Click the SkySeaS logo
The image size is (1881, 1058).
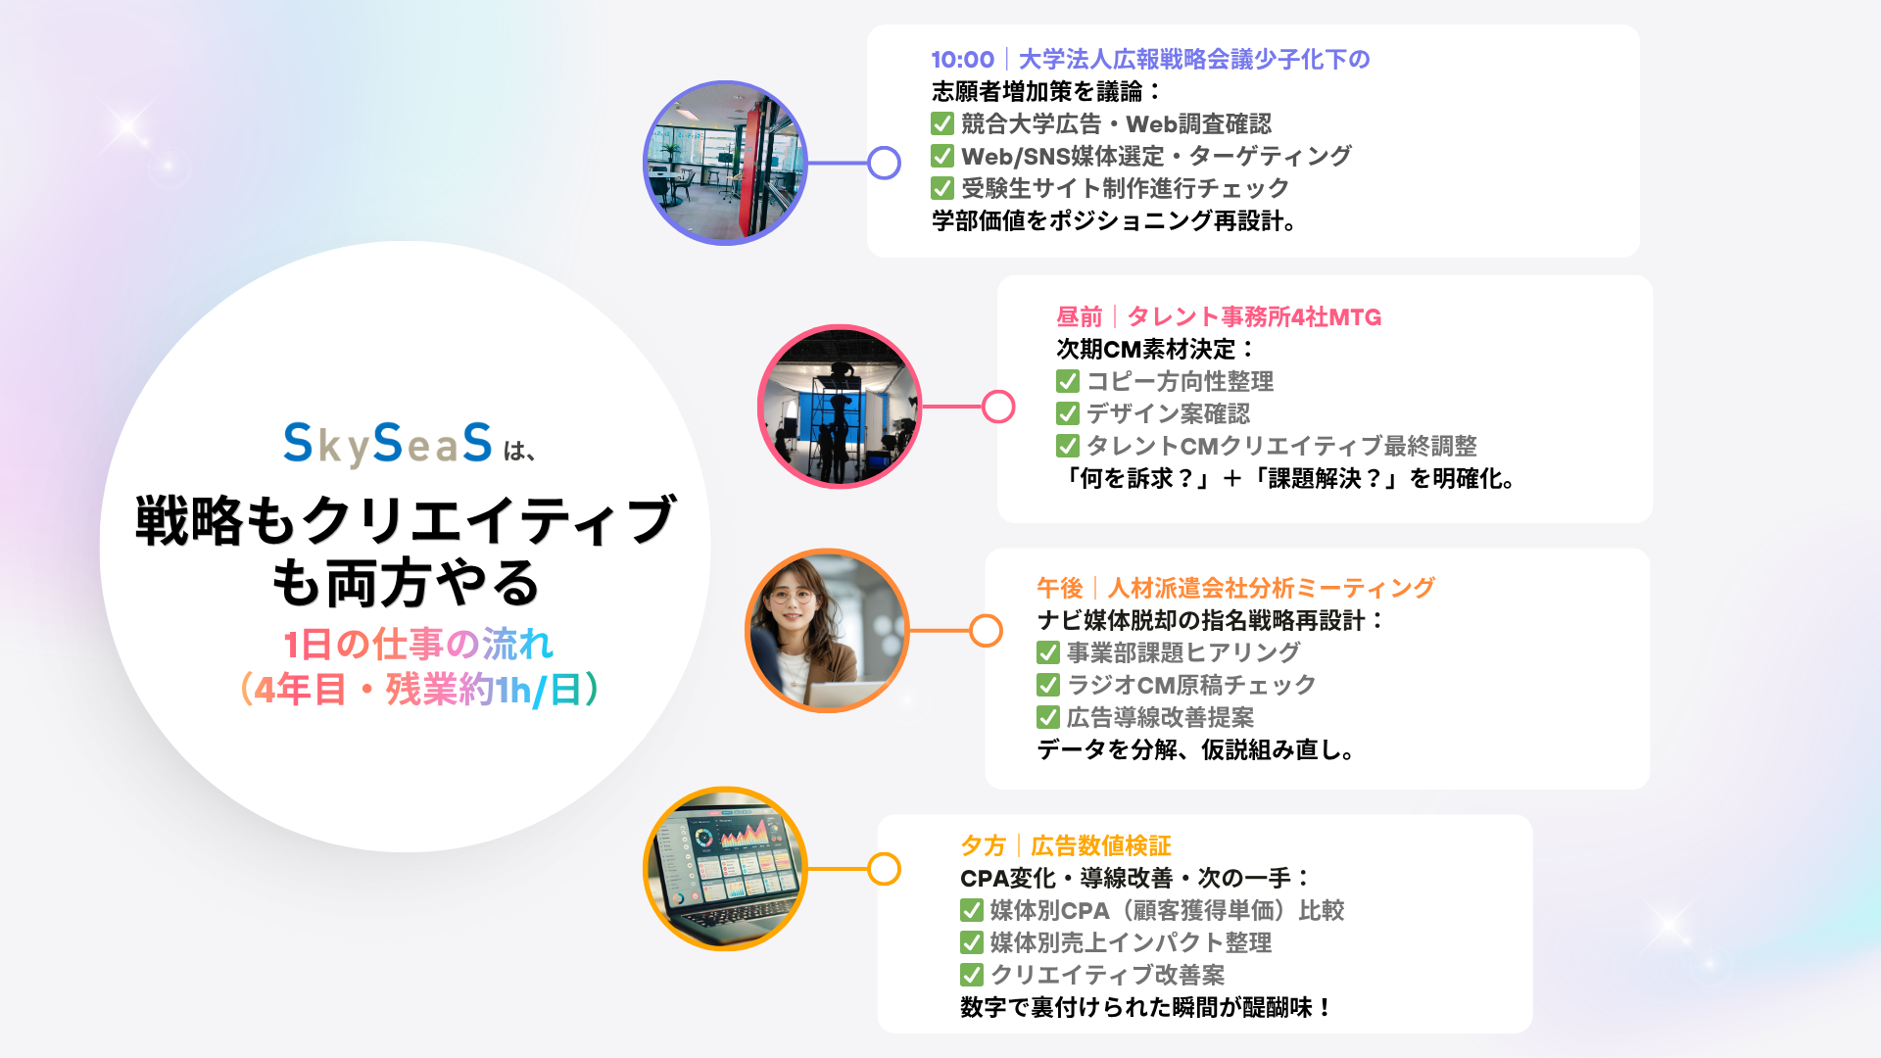pos(388,444)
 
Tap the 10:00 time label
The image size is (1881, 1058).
pos(962,60)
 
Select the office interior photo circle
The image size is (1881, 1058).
pos(725,163)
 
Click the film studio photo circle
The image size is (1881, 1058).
pos(840,407)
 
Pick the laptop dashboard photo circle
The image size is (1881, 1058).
pos(725,869)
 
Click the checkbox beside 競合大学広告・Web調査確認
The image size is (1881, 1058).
pos(942,124)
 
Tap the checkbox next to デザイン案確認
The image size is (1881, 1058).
pos(1068,414)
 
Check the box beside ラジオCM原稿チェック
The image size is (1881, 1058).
pos(1048,685)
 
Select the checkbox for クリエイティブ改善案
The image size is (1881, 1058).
pos(972,975)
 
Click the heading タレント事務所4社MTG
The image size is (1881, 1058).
pos(1254,317)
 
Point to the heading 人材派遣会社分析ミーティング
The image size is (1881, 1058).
pos(1271,588)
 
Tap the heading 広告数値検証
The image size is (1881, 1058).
pos(1101,845)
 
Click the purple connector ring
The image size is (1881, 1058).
pos(885,163)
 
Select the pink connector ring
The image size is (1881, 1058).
pos(998,407)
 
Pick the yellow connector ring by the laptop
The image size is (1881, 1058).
pos(885,869)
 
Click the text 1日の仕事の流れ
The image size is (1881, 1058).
pos(418,645)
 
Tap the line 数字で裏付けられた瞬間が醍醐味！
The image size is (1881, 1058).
pos(1146,1007)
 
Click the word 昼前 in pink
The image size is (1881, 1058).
pos(1079,317)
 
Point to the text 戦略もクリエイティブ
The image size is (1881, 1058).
pos(405,520)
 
